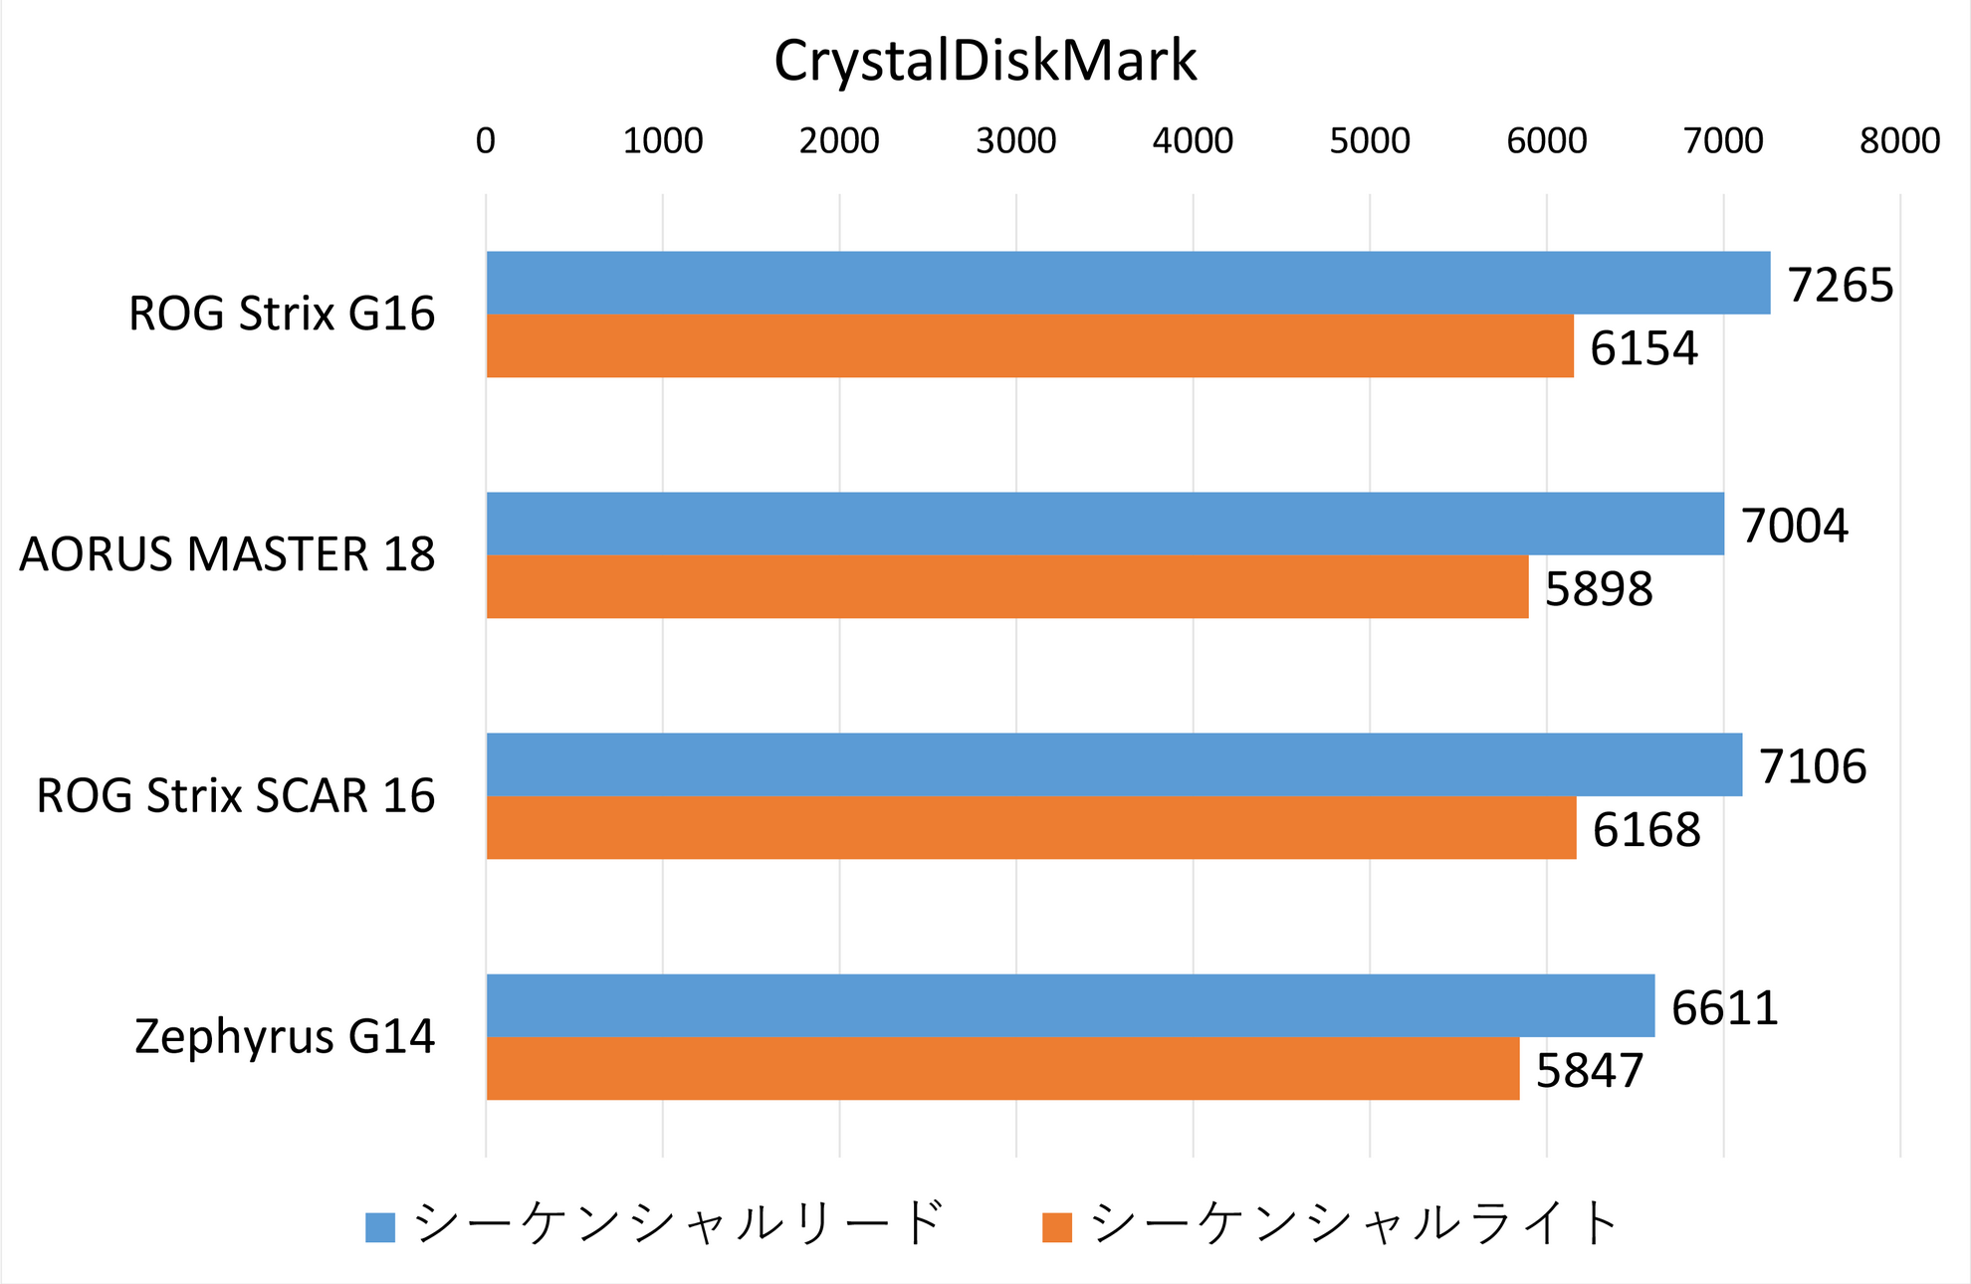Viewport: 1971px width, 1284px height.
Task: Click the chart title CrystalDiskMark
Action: [985, 62]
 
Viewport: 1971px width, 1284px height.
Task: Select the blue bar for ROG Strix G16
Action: [1128, 283]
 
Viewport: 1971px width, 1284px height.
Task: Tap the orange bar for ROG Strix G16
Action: [1029, 346]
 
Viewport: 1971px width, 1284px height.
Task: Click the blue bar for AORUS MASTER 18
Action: [1105, 524]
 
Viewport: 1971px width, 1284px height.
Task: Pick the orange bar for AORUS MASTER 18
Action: [1007, 587]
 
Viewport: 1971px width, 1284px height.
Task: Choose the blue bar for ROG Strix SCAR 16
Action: [1114, 764]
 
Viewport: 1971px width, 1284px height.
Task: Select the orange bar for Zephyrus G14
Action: [1002, 1069]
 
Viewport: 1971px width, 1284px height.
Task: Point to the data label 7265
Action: [1841, 286]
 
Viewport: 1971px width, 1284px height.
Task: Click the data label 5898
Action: [1599, 589]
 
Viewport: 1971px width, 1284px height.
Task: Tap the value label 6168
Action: [1646, 830]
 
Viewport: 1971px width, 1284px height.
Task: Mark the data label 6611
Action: [1724, 1008]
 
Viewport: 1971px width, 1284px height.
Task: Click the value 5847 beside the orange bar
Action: [1590, 1071]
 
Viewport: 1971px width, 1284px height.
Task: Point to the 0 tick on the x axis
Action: [486, 141]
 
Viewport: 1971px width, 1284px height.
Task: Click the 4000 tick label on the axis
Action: [1193, 141]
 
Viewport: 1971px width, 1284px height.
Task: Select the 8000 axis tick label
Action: [1899, 141]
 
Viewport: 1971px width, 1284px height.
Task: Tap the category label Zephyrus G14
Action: [285, 1037]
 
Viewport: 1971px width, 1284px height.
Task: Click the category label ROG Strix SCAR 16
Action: [236, 796]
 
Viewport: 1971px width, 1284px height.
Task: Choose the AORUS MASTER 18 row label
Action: [227, 555]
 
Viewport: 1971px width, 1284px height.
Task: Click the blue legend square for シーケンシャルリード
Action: [380, 1227]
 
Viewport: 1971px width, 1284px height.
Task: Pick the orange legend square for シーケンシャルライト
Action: [1057, 1227]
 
